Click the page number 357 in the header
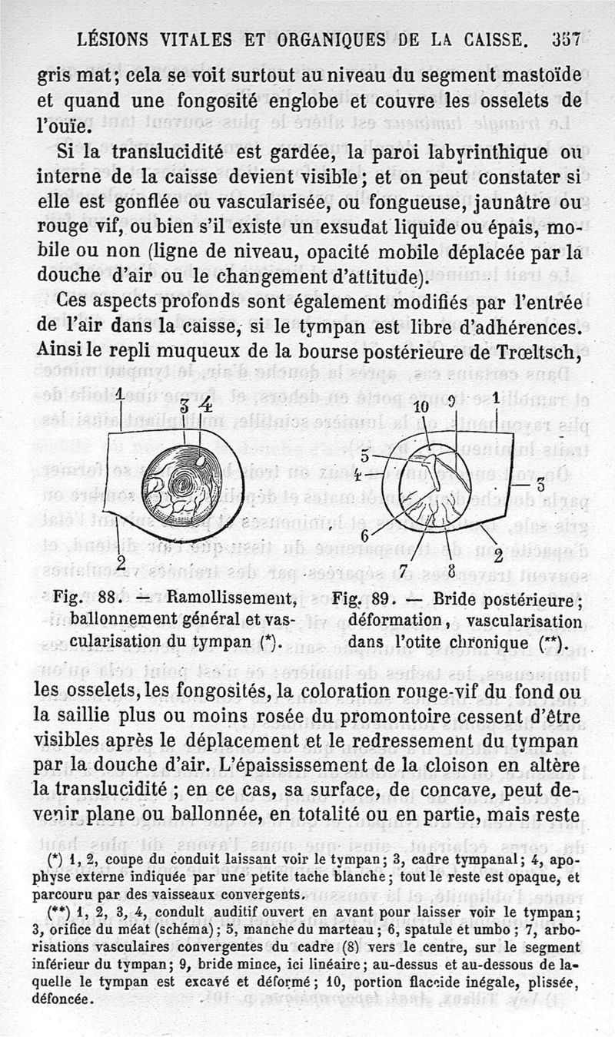[x=565, y=40]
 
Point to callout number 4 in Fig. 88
[x=205, y=402]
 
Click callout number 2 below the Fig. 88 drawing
[x=120, y=563]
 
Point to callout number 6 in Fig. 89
[x=364, y=535]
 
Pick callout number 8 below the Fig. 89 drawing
[x=451, y=568]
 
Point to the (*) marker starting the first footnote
[x=54, y=855]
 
